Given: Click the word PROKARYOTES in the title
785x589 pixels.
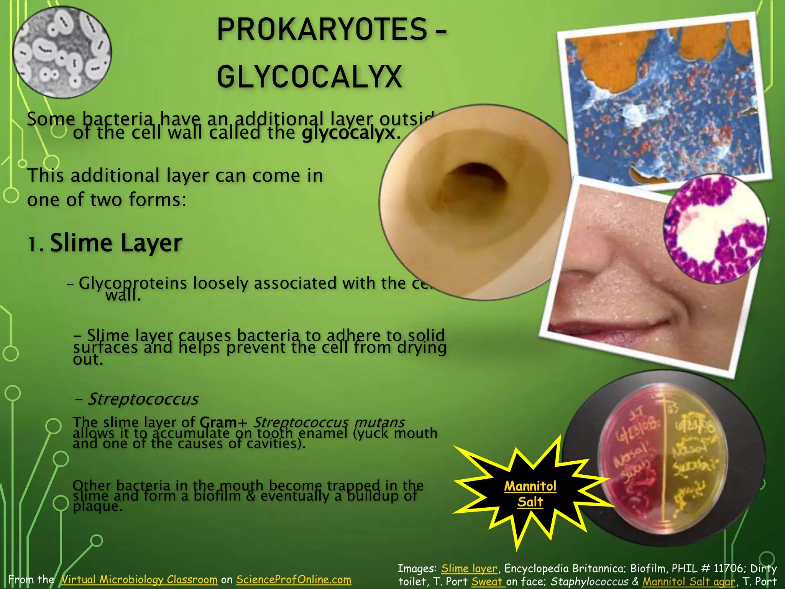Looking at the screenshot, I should pyautogui.click(x=321, y=30).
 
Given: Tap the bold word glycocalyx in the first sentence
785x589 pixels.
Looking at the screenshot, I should pyautogui.click(x=348, y=133).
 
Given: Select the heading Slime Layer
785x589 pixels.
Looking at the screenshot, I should pyautogui.click(x=116, y=243).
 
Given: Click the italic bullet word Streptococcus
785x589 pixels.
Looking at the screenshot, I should pyautogui.click(x=143, y=399).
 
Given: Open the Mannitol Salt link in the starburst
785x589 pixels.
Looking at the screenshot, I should pyautogui.click(x=530, y=494).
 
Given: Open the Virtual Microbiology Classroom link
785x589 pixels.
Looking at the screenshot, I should pyautogui.click(x=140, y=579).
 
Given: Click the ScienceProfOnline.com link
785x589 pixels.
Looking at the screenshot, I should pyautogui.click(x=294, y=579).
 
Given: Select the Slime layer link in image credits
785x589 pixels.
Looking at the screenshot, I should pyautogui.click(x=469, y=568).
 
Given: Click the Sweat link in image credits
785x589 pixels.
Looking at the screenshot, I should pyautogui.click(x=488, y=581).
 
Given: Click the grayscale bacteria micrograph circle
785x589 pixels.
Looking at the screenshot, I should pyautogui.click(x=62, y=52).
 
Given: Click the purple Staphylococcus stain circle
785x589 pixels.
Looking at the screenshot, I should pyautogui.click(x=715, y=229).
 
